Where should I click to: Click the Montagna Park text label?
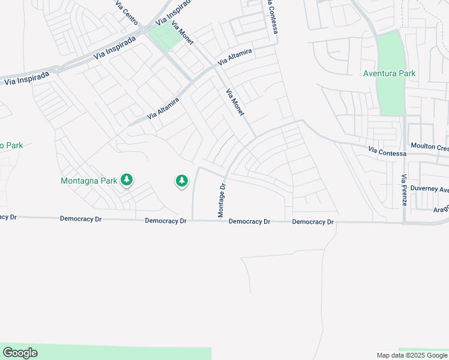click(89, 180)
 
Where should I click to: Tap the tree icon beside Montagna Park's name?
click(127, 179)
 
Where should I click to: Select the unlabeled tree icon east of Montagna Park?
click(182, 180)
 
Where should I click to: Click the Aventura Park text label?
click(389, 74)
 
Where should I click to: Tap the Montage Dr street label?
click(221, 200)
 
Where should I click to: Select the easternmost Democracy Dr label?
click(313, 222)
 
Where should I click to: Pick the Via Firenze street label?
click(404, 190)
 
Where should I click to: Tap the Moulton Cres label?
click(429, 146)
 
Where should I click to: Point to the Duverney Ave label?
click(431, 189)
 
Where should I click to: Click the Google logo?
click(20, 353)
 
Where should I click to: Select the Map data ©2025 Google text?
click(411, 355)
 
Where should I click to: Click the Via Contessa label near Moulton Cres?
click(387, 152)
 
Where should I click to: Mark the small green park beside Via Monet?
click(165, 36)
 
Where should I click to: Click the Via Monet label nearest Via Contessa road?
click(237, 103)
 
